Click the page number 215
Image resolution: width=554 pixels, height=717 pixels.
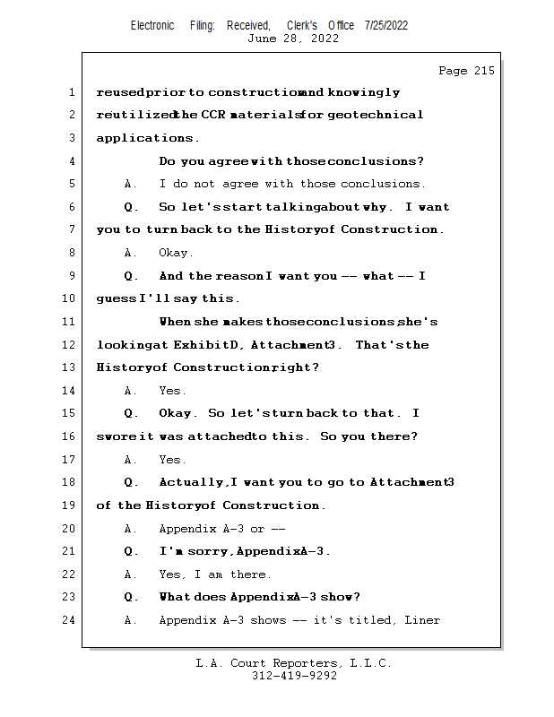coord(484,71)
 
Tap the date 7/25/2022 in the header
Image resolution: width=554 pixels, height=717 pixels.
coord(386,26)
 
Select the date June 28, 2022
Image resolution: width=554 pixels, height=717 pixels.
coord(293,39)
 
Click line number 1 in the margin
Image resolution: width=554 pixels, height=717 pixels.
coord(72,92)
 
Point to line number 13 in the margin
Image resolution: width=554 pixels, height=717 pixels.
coord(68,367)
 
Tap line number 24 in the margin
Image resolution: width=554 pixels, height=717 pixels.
coord(68,620)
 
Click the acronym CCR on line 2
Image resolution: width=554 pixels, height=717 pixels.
coord(213,115)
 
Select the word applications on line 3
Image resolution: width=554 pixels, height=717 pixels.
coord(144,138)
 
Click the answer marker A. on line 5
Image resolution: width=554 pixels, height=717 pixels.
coord(130,184)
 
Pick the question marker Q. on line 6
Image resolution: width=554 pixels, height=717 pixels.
coord(131,207)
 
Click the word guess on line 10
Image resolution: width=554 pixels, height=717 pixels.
coord(117,299)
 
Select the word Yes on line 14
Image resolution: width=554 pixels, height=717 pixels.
coord(169,391)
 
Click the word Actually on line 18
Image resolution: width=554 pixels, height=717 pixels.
coord(191,482)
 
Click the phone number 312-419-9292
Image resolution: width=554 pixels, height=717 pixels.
coord(295,676)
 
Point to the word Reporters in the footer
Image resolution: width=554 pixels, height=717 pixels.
coord(305,663)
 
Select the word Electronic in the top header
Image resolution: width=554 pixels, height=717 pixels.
coord(152,26)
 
